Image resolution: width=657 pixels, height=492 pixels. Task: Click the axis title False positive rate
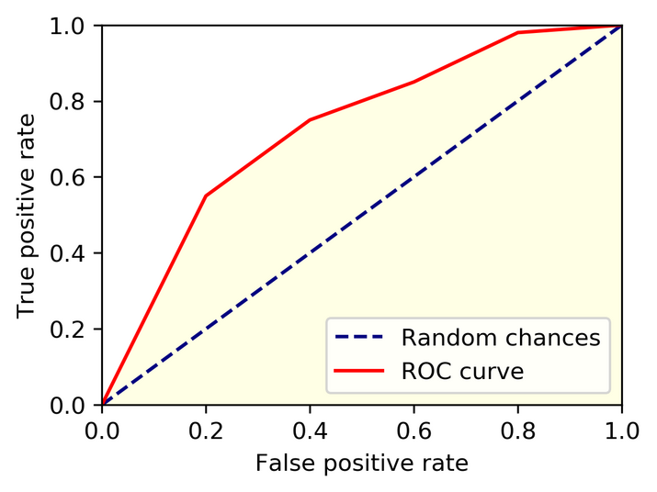(x=361, y=463)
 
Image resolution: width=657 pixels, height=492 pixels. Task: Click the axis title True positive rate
(x=28, y=215)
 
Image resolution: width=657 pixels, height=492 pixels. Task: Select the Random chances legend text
(x=500, y=338)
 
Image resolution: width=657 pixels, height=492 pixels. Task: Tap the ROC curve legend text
(x=462, y=371)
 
